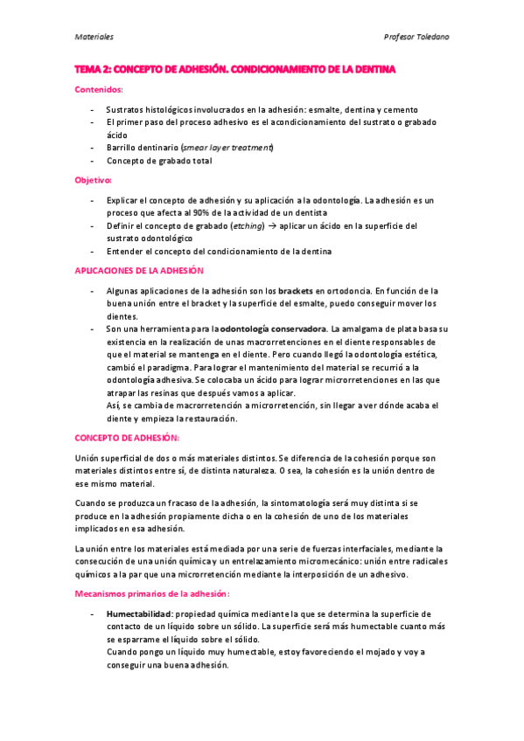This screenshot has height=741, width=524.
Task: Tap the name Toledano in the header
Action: tap(431, 37)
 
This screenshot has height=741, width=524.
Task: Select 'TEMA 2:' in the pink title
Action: tap(92, 68)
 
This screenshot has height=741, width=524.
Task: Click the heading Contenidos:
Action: tap(97, 89)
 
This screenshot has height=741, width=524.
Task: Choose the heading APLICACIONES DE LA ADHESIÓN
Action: tap(137, 271)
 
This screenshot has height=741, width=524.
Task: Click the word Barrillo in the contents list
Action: tap(123, 148)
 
